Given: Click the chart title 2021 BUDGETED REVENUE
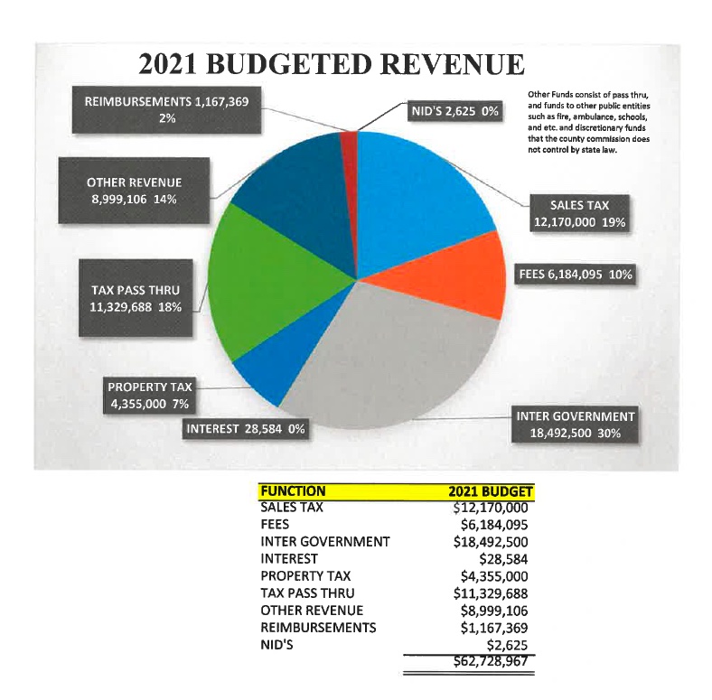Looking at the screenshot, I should (331, 66).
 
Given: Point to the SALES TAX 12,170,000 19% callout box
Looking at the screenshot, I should (579, 214).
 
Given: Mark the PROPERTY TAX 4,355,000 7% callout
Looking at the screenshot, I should (150, 396).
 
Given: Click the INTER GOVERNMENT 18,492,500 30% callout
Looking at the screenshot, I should (576, 425).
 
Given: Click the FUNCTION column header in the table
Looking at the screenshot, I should (293, 492).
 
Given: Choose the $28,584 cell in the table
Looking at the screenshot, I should (501, 559).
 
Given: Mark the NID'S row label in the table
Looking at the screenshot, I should (277, 644).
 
